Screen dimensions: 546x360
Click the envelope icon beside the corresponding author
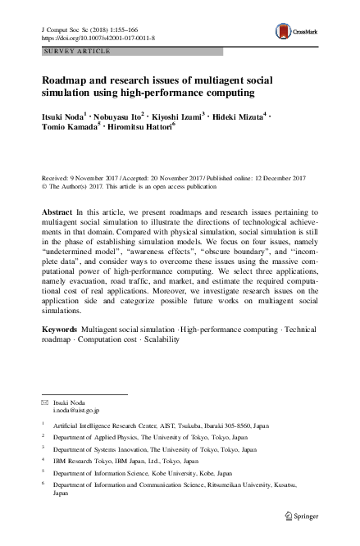[x=46, y=404]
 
